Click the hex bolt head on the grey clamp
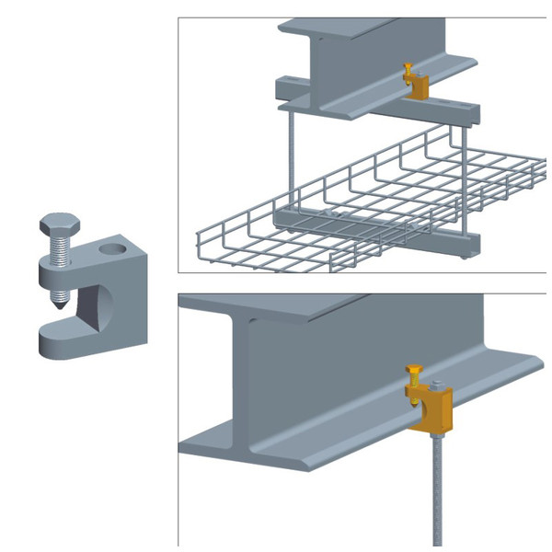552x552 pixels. pyautogui.click(x=54, y=225)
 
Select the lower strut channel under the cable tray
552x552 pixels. pyautogui.click(x=368, y=231)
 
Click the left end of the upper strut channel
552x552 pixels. pyautogui.click(x=282, y=90)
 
